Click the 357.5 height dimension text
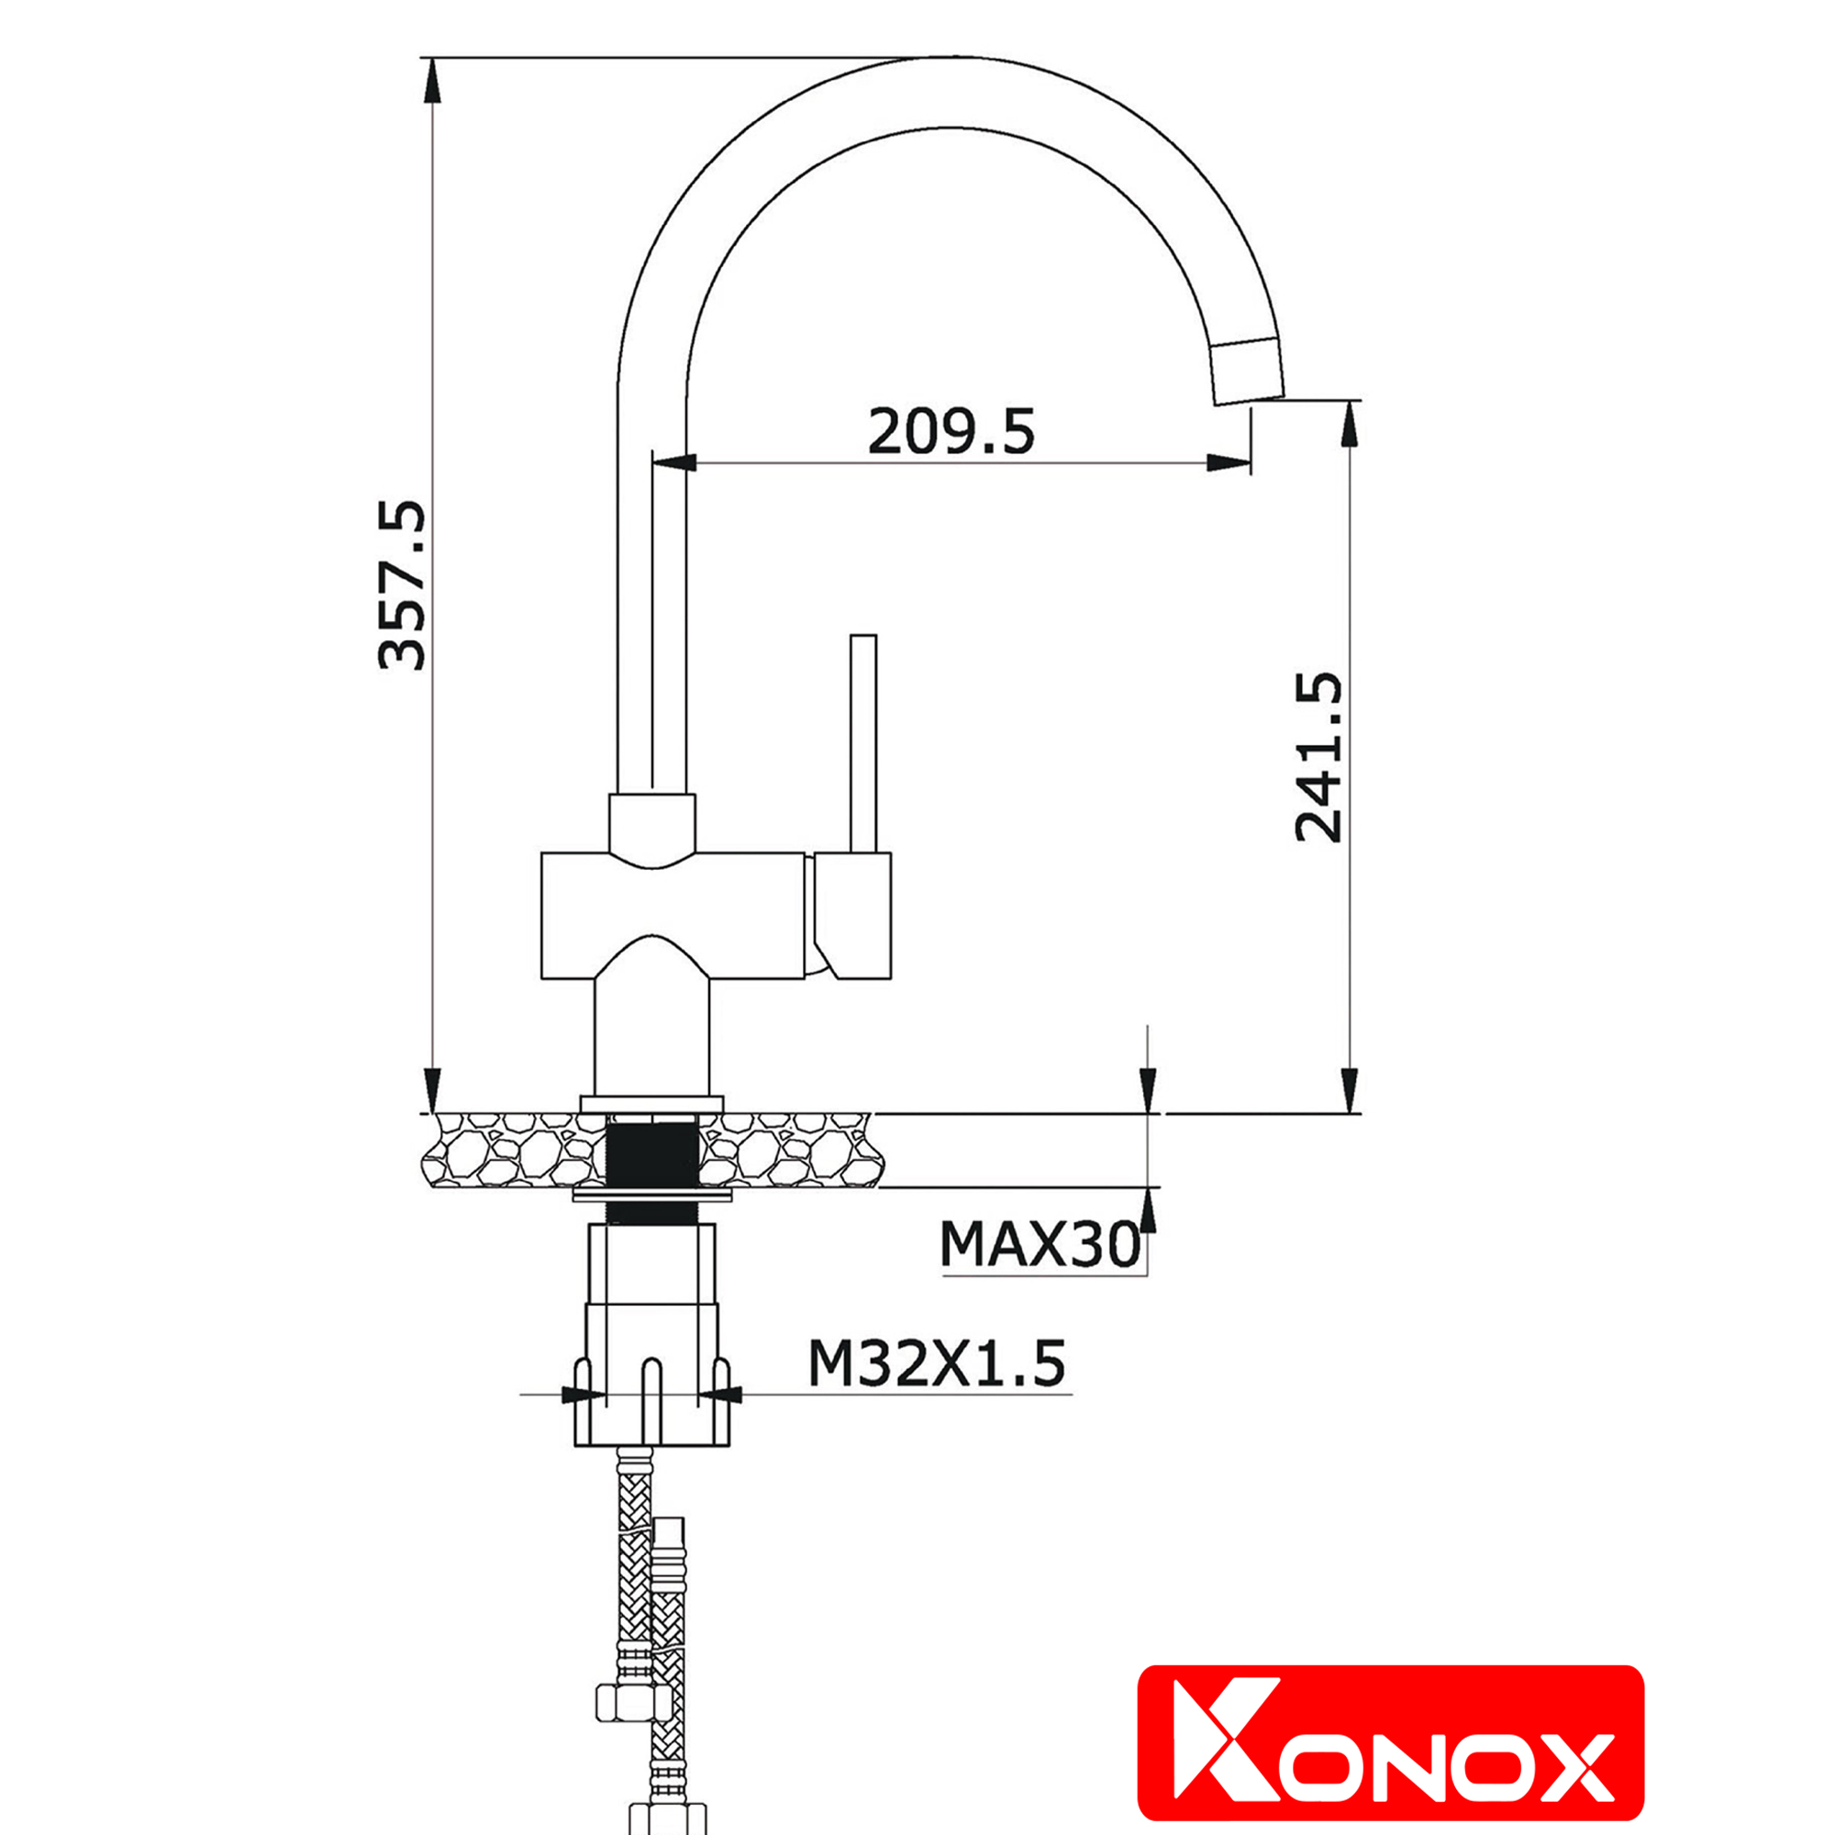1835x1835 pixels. point(401,586)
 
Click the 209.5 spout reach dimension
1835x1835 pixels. point(951,431)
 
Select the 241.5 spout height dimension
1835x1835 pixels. point(1319,758)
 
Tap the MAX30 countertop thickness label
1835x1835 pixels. point(1040,1244)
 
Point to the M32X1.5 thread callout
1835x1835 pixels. point(937,1364)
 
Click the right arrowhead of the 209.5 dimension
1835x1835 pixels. point(1229,463)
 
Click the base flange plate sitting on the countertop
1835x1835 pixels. point(651,1103)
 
